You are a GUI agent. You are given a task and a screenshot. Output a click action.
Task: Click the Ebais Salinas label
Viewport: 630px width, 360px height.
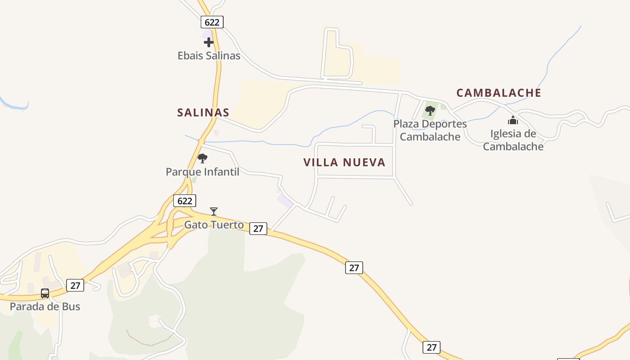click(x=209, y=56)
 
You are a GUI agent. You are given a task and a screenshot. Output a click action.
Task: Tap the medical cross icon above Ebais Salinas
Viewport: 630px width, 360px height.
click(x=209, y=42)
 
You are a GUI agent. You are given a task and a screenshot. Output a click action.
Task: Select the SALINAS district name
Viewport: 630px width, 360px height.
click(x=203, y=112)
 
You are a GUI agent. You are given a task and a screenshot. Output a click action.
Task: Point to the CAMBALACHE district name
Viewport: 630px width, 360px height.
click(x=499, y=93)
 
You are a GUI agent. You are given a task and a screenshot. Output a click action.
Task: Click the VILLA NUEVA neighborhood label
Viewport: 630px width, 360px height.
click(x=344, y=162)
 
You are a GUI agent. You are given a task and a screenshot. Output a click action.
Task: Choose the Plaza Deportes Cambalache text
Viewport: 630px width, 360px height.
click(x=430, y=130)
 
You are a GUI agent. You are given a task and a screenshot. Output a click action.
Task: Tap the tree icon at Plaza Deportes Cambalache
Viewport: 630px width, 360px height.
click(x=430, y=110)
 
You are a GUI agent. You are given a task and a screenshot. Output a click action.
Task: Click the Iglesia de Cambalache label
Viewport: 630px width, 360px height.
click(x=513, y=140)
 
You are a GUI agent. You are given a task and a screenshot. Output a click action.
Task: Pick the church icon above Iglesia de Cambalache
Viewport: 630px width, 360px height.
click(x=513, y=120)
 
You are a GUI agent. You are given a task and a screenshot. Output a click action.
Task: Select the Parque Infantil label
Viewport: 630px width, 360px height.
click(x=202, y=172)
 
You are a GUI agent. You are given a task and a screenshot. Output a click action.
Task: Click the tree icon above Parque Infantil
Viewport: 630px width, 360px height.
click(x=202, y=158)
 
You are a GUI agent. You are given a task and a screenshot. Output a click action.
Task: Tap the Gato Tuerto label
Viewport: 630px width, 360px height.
click(x=214, y=225)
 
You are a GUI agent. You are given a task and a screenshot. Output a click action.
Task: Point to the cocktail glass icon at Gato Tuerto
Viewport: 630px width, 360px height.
click(x=214, y=211)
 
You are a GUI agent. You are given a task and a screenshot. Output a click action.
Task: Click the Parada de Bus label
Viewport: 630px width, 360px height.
click(x=45, y=307)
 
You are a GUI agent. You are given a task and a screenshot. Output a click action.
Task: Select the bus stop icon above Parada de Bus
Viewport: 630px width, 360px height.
click(x=45, y=293)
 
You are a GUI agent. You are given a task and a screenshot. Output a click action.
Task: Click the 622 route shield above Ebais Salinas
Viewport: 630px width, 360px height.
click(x=212, y=22)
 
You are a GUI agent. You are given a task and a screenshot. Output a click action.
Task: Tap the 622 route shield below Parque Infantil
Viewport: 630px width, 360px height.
click(x=184, y=201)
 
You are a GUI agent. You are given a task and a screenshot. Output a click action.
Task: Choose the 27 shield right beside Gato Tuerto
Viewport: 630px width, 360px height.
click(x=258, y=228)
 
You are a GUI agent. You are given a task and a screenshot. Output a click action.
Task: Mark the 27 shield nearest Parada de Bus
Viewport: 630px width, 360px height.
click(x=75, y=285)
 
